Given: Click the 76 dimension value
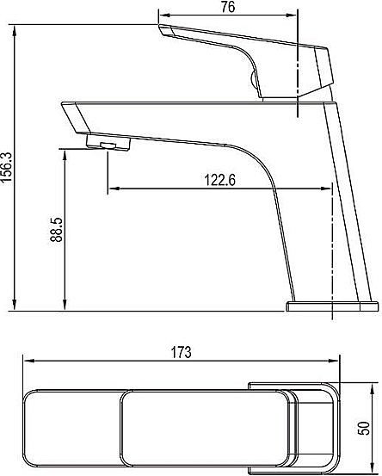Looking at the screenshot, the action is point(228,7).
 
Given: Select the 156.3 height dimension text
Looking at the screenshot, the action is point(6,167).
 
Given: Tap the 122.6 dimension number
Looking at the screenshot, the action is point(220,180).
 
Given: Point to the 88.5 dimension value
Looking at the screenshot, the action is point(57,230).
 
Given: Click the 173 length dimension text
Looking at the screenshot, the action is point(182,352).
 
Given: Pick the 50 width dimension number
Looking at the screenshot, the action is point(364,429).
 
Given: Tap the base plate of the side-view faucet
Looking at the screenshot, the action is point(333,306).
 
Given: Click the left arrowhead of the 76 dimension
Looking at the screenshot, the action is point(164,15).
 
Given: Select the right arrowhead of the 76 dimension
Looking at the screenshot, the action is point(291,15).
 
